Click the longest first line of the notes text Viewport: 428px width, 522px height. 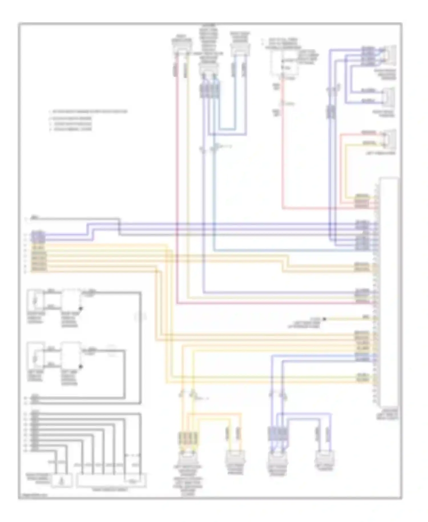[88, 112]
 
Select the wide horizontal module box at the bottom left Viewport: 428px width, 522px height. [111, 480]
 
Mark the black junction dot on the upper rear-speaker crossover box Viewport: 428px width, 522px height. [81, 309]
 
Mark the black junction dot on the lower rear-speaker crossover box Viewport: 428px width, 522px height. [81, 366]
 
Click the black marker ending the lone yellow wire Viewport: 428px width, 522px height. [324, 318]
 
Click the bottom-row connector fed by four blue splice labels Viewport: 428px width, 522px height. [277, 458]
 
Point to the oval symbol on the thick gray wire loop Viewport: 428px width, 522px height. [140, 317]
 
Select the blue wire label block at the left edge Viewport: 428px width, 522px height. [38, 236]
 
